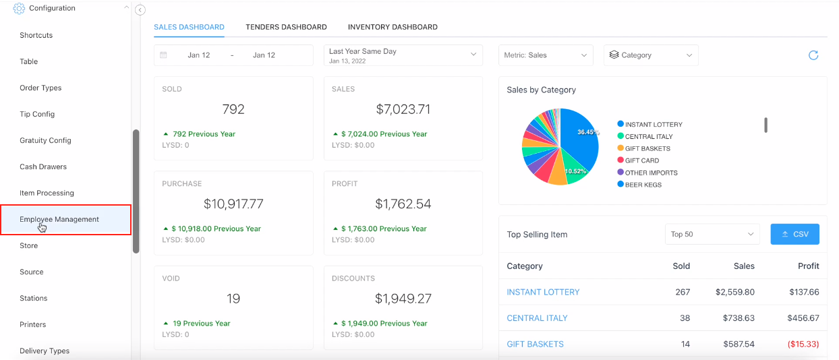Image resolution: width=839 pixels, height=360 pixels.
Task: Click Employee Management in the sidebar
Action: click(x=59, y=219)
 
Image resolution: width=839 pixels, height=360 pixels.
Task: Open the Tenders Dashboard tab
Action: click(x=286, y=27)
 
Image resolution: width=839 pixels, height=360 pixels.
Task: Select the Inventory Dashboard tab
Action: click(x=393, y=27)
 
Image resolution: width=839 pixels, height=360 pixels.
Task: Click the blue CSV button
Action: click(x=794, y=234)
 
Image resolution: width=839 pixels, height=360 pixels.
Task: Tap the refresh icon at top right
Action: click(x=813, y=55)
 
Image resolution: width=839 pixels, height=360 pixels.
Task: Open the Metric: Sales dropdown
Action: click(x=546, y=55)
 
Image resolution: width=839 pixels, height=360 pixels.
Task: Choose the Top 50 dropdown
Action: click(x=712, y=234)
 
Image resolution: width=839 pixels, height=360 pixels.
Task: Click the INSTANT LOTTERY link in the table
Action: click(x=543, y=292)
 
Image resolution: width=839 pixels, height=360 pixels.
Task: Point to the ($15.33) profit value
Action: click(x=803, y=344)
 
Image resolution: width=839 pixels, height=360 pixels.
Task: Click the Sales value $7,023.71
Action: click(x=403, y=109)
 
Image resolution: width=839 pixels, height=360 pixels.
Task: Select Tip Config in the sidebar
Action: click(x=37, y=114)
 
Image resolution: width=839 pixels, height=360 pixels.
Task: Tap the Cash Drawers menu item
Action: click(x=43, y=167)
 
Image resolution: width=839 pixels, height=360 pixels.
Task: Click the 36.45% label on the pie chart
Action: click(x=587, y=132)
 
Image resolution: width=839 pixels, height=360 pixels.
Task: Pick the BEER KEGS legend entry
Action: click(x=643, y=185)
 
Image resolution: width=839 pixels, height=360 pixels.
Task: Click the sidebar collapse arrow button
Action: click(x=140, y=10)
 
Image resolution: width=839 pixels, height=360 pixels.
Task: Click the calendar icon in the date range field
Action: click(x=163, y=55)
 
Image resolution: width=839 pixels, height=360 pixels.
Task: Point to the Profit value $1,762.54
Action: click(x=403, y=204)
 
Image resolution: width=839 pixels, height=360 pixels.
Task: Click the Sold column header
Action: click(x=681, y=266)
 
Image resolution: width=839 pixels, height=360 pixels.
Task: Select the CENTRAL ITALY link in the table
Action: click(x=537, y=318)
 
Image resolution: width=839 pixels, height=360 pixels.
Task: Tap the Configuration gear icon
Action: click(x=19, y=8)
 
